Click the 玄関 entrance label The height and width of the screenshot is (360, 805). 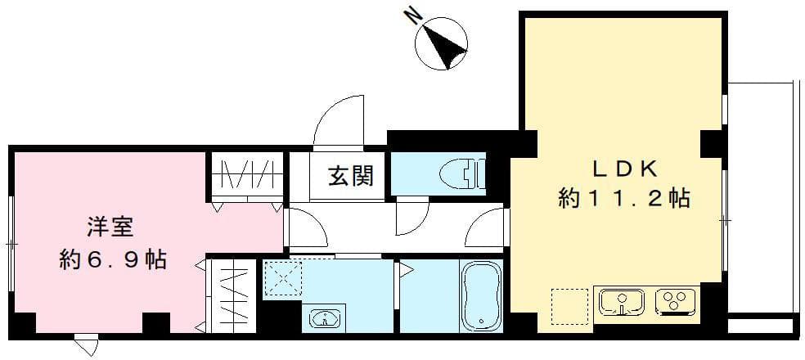351,175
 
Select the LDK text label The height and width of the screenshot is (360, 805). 624,169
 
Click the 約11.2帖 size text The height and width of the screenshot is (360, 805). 624,197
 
